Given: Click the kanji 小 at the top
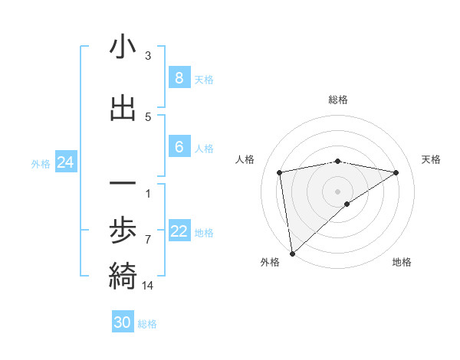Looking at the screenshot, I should tap(123, 48).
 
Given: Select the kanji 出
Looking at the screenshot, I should tap(123, 109).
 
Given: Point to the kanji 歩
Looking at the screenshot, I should tap(123, 231).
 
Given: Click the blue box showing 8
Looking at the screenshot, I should tap(179, 78).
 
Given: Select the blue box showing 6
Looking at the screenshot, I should tap(179, 147).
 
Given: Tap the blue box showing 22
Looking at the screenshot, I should tap(179, 231).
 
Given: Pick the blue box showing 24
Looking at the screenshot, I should tap(64, 162).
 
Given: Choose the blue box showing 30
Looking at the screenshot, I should tap(123, 322).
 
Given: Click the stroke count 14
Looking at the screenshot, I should tap(149, 286).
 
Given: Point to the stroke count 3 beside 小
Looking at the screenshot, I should tap(148, 56).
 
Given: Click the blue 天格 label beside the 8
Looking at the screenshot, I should tap(204, 79).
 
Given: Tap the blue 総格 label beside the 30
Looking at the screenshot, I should tap(147, 324).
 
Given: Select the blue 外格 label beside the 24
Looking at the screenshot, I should tap(41, 163).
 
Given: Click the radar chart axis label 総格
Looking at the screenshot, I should tap(338, 100).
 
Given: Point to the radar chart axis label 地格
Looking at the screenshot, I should tap(402, 262).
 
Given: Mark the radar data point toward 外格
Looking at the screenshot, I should tap(292, 253).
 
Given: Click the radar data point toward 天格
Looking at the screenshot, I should tap(396, 172).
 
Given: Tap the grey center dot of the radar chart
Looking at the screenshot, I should tap(338, 191).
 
